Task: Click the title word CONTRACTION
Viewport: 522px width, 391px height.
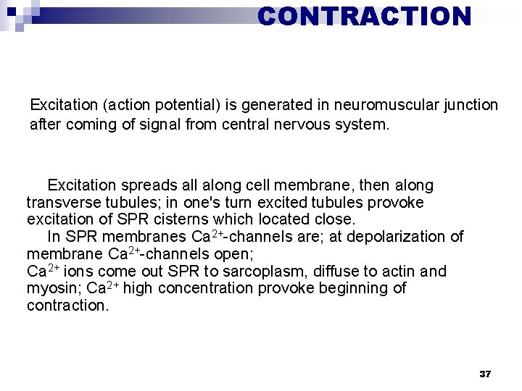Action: coord(364,15)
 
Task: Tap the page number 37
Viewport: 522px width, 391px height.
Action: coord(485,374)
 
